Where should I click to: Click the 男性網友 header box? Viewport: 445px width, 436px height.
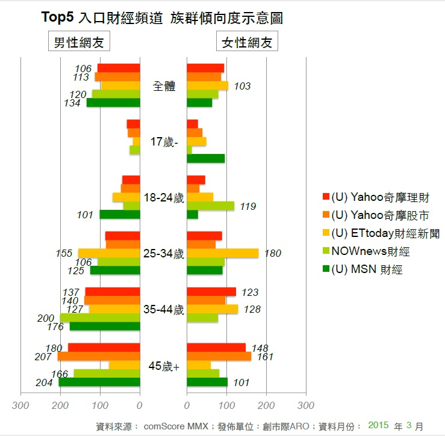(x=78, y=43)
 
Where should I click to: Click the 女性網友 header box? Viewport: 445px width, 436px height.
(x=247, y=43)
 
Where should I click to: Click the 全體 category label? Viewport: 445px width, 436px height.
(x=163, y=86)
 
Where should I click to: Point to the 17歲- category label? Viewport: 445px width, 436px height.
(x=163, y=142)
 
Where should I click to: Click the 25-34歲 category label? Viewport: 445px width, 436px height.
(x=163, y=254)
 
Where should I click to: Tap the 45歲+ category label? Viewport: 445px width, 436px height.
(x=163, y=366)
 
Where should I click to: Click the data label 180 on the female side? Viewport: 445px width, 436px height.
(x=272, y=254)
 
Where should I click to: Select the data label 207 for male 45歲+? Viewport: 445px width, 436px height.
(x=44, y=357)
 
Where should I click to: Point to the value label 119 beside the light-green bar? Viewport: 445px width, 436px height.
(x=247, y=206)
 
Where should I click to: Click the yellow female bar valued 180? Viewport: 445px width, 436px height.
(x=223, y=253)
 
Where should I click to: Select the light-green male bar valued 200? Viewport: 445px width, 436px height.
(x=99, y=318)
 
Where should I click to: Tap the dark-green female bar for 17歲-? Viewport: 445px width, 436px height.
(x=206, y=158)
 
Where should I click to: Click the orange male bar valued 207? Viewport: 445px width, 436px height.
(x=99, y=357)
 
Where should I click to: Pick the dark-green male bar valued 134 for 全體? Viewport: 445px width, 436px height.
(x=113, y=102)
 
